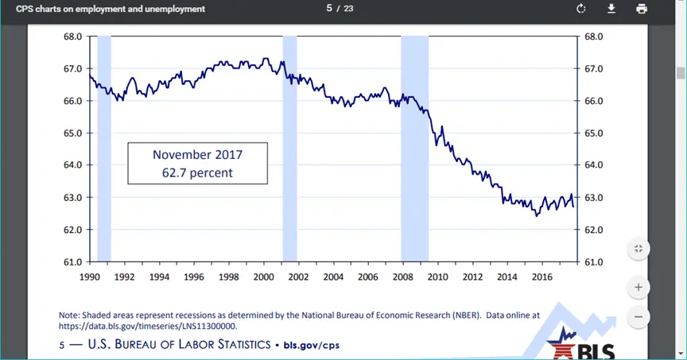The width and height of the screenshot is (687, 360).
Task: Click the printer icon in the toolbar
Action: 641,9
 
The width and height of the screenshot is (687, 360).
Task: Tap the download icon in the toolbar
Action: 611,9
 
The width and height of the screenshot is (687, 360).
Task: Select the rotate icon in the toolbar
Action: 581,9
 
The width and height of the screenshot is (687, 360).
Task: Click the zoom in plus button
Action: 638,286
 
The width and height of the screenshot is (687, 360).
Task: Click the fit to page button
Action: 638,249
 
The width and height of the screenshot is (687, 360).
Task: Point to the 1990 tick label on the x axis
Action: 89,277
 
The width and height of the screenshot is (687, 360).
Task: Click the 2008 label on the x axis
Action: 402,277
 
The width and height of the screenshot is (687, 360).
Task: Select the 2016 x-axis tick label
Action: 542,277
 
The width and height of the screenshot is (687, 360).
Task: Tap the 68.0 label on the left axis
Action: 73,37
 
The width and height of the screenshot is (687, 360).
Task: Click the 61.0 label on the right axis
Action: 594,261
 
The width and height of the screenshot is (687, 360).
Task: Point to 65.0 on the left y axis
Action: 73,133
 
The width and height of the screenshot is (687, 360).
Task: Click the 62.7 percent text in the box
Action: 197,172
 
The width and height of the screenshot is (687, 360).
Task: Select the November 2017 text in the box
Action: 197,154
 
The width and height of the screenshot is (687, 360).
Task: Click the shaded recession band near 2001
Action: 289,149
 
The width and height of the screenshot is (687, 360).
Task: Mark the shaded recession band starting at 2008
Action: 414,149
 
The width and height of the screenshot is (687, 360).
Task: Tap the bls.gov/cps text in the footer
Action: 318,346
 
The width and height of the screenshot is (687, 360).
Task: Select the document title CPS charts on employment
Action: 111,9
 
